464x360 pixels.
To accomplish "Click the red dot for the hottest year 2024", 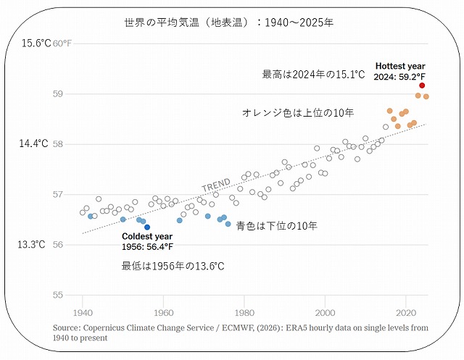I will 422,85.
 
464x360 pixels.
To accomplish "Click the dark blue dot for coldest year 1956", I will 147,227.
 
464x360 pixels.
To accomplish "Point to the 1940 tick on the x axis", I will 83,313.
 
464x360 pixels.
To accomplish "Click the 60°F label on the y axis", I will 63,43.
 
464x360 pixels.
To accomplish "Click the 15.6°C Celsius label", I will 36,43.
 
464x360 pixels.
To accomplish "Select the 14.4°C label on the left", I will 33,143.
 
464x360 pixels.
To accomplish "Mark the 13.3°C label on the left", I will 33,244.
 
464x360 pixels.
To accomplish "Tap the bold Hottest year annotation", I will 400,66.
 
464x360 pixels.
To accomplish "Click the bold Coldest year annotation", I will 147,237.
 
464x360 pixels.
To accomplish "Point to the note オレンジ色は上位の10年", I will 297,113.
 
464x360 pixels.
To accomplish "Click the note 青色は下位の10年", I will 276,226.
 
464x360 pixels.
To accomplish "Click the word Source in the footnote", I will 66,328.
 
